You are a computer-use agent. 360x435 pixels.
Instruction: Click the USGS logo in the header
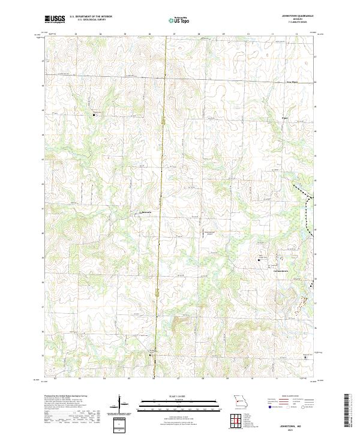tap(55, 19)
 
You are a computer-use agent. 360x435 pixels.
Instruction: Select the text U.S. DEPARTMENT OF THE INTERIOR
tap(91, 17)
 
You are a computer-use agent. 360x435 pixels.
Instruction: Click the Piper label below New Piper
tap(285, 118)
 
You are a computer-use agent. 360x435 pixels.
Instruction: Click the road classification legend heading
tap(291, 396)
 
